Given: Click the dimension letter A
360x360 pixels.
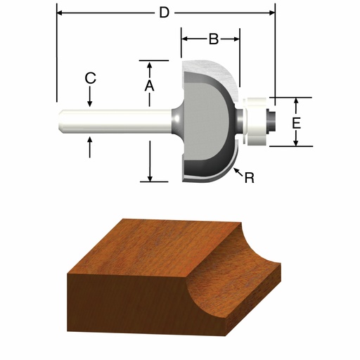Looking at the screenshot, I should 149,85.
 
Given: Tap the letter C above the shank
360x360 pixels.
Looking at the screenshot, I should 90,79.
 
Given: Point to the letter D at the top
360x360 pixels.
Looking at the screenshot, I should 164,12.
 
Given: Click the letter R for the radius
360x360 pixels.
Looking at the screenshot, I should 249,179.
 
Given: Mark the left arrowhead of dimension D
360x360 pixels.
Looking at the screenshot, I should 60,13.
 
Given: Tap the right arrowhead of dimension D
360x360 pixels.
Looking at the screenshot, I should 271,13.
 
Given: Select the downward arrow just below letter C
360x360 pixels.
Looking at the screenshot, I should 90,102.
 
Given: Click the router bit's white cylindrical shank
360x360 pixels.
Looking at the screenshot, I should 112,121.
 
